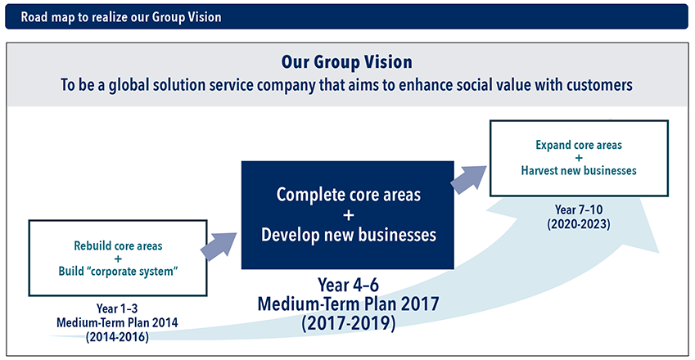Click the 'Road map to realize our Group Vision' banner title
[x=121, y=17]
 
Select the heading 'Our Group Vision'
[x=346, y=62]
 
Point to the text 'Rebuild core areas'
[x=118, y=245]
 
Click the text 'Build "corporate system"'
[x=118, y=271]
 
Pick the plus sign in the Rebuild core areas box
[x=118, y=259]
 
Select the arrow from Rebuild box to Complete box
[x=219, y=245]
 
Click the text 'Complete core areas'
[x=349, y=195]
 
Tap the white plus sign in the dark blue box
[x=349, y=215]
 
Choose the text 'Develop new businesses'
[x=349, y=235]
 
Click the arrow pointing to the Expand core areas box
[x=468, y=179]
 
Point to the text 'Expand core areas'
[x=579, y=145]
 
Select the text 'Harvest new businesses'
[x=579, y=170]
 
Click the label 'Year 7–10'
[x=579, y=209]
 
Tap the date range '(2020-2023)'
[x=579, y=224]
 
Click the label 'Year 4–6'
[x=349, y=286]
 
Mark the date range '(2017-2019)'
[x=349, y=323]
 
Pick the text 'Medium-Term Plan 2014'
[x=117, y=323]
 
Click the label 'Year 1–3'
[x=117, y=308]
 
